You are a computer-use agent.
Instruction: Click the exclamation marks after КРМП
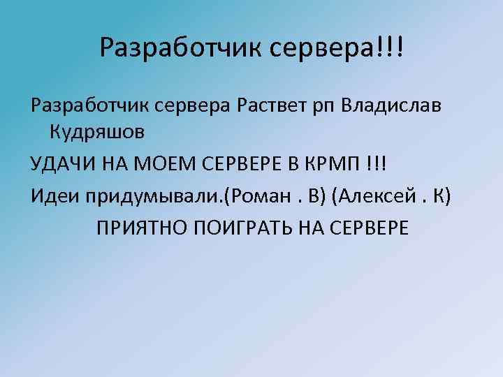pos(376,163)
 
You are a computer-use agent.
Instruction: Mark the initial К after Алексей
pos(439,195)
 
